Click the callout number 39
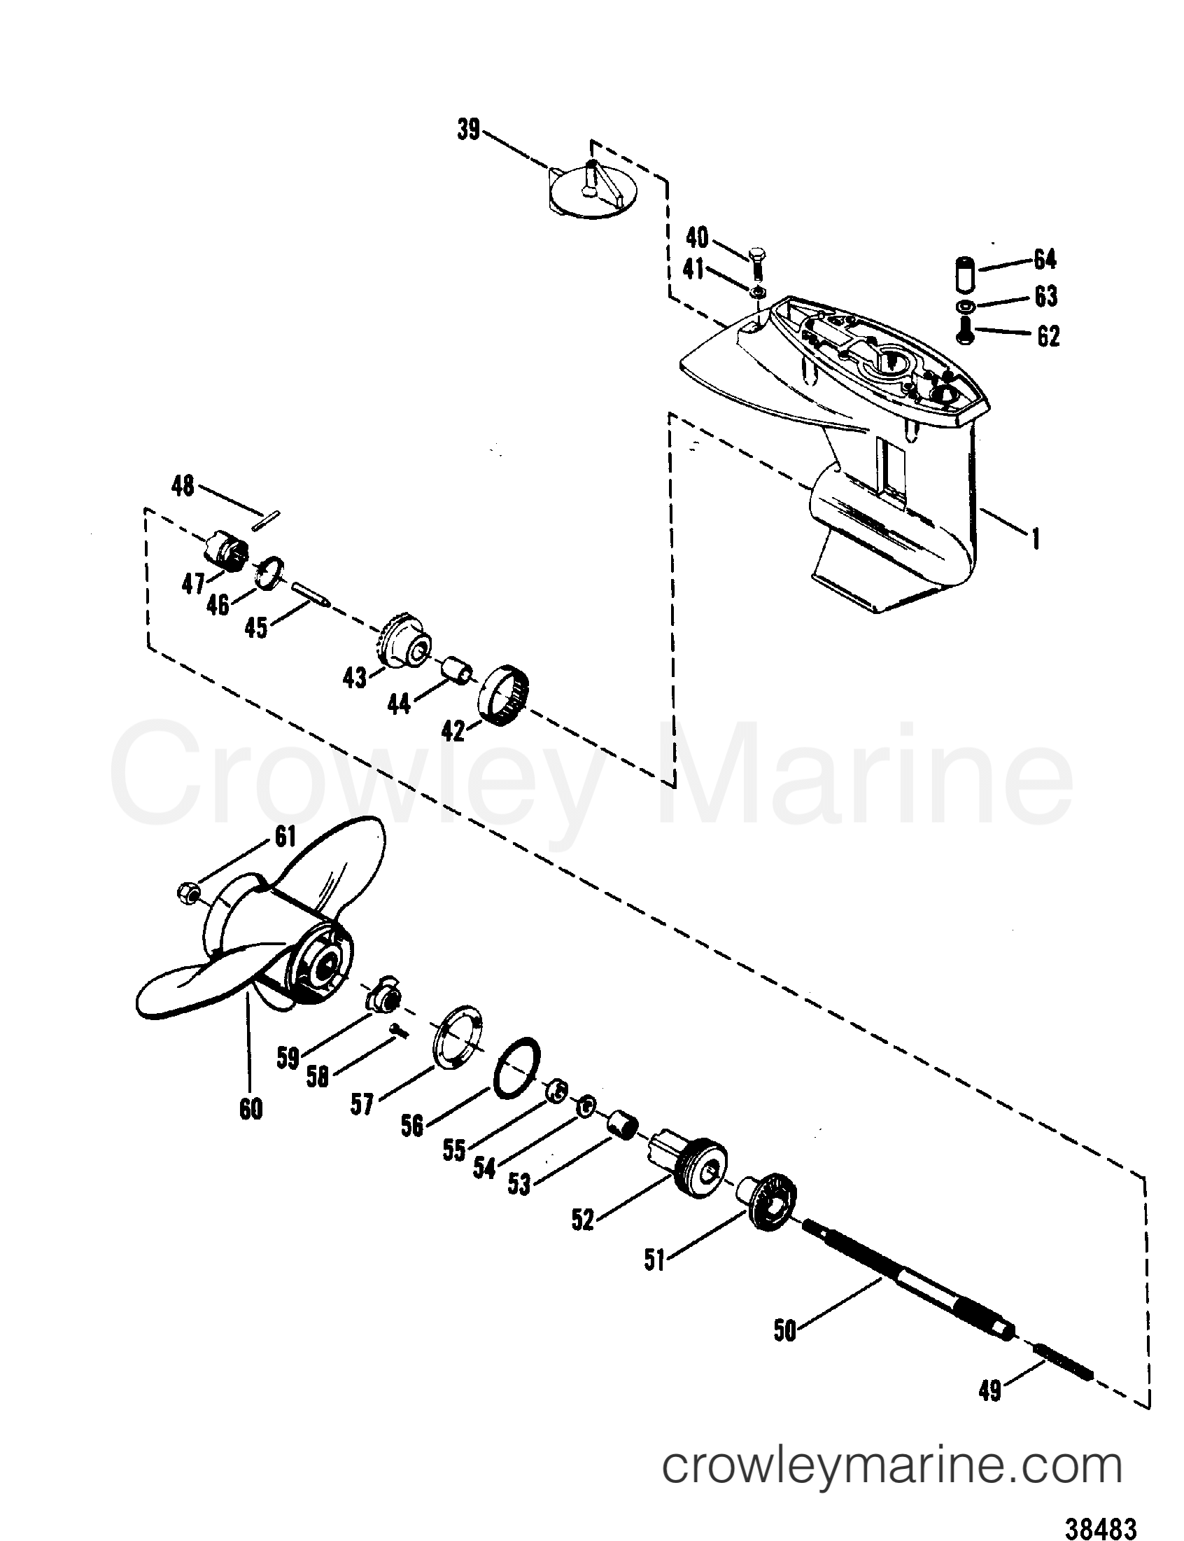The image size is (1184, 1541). click(469, 130)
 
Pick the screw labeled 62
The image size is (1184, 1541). click(966, 330)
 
